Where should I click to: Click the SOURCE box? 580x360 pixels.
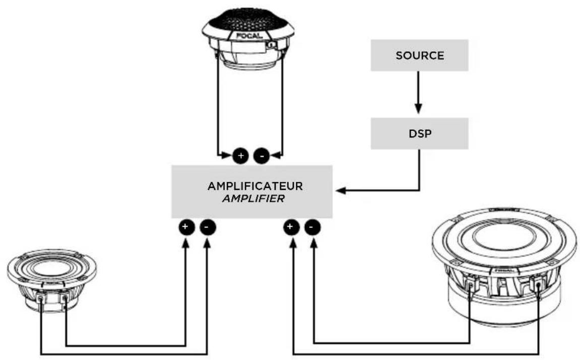click(419, 55)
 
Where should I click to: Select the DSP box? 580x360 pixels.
click(419, 133)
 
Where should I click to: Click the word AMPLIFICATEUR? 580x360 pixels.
click(255, 186)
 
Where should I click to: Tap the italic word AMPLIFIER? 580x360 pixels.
click(253, 199)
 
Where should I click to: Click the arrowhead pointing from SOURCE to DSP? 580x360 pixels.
click(418, 109)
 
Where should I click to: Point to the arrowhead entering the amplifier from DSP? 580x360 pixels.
click(341, 191)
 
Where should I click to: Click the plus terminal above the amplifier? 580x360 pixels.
click(240, 156)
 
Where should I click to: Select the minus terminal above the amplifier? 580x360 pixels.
click(262, 156)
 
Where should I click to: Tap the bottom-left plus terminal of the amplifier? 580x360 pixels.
click(186, 227)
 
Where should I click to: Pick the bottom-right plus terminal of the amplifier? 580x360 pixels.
click(291, 227)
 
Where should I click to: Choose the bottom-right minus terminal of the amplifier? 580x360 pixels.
click(312, 227)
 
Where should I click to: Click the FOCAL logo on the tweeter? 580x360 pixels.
click(249, 36)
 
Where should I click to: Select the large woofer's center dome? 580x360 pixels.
click(504, 236)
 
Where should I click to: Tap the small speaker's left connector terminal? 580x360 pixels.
click(40, 297)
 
